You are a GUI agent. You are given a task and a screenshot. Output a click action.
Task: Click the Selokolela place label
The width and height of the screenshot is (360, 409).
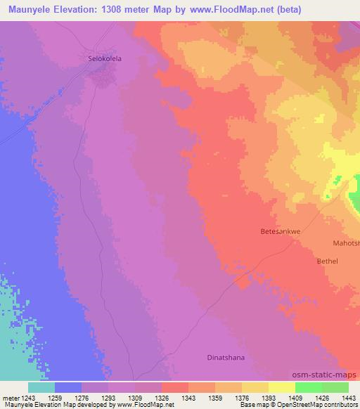(x=103, y=59)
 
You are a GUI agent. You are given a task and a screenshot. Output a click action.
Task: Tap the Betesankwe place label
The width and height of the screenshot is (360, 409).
(x=280, y=230)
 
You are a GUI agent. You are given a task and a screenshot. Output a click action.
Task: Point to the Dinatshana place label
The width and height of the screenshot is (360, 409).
(x=226, y=358)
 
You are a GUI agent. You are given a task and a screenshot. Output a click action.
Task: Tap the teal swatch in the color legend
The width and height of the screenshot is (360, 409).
(x=41, y=387)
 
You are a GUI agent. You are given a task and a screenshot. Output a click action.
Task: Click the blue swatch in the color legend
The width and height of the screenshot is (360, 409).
(x=68, y=387)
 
